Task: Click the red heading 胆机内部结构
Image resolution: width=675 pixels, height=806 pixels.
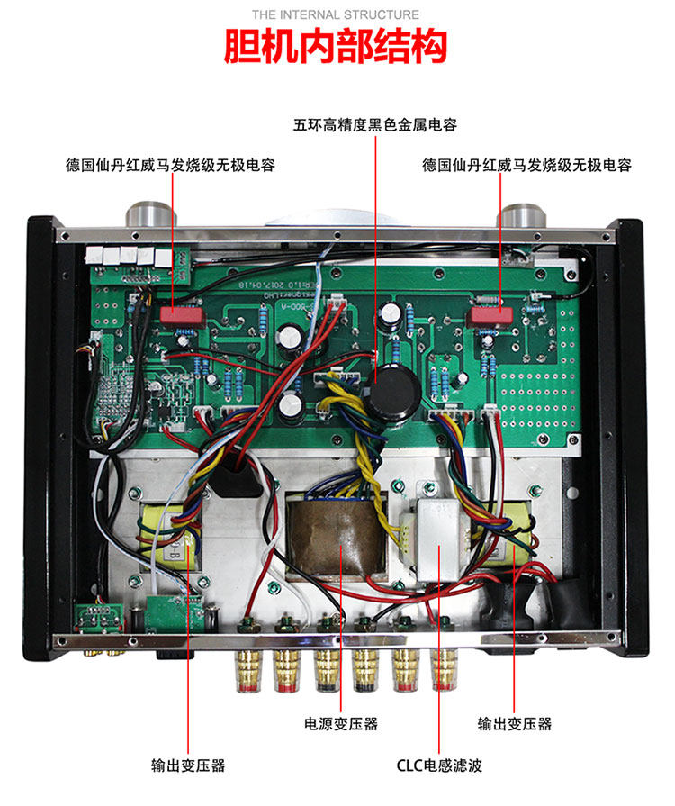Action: (335, 46)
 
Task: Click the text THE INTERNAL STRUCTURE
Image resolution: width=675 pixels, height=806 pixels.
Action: (335, 14)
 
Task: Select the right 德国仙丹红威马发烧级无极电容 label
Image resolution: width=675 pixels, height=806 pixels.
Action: (526, 166)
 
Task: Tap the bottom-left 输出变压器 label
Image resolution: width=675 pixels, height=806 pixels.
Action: (187, 766)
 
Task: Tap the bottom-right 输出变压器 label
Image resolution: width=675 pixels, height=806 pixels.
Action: (514, 723)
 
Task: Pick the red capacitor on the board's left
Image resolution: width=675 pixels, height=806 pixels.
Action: (177, 316)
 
